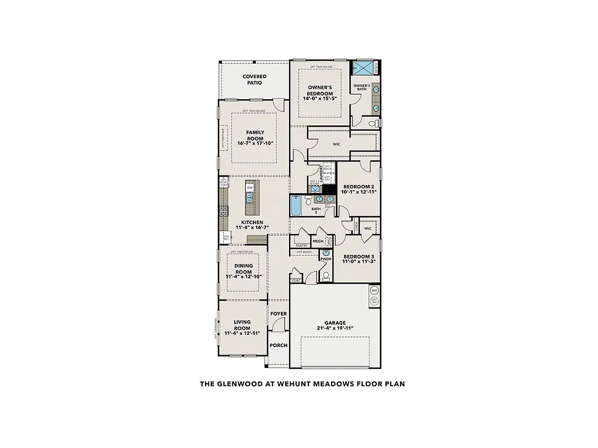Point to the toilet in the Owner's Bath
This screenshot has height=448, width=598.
(x=374, y=123)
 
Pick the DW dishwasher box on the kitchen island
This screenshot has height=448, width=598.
(x=249, y=188)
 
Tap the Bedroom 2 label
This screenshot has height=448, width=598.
(x=359, y=187)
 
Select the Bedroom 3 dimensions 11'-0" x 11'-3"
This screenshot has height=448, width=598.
(x=359, y=261)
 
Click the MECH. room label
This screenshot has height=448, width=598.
(x=318, y=240)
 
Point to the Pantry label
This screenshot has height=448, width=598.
(x=301, y=246)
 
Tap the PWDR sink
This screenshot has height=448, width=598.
(x=326, y=252)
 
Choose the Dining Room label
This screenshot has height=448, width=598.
(x=244, y=269)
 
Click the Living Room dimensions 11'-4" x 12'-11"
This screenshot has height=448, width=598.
(x=242, y=333)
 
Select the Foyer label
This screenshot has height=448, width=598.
(x=279, y=314)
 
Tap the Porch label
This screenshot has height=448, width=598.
(x=279, y=345)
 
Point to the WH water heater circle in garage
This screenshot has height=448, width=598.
(x=374, y=290)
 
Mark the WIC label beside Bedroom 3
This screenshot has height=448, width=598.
(x=367, y=229)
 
